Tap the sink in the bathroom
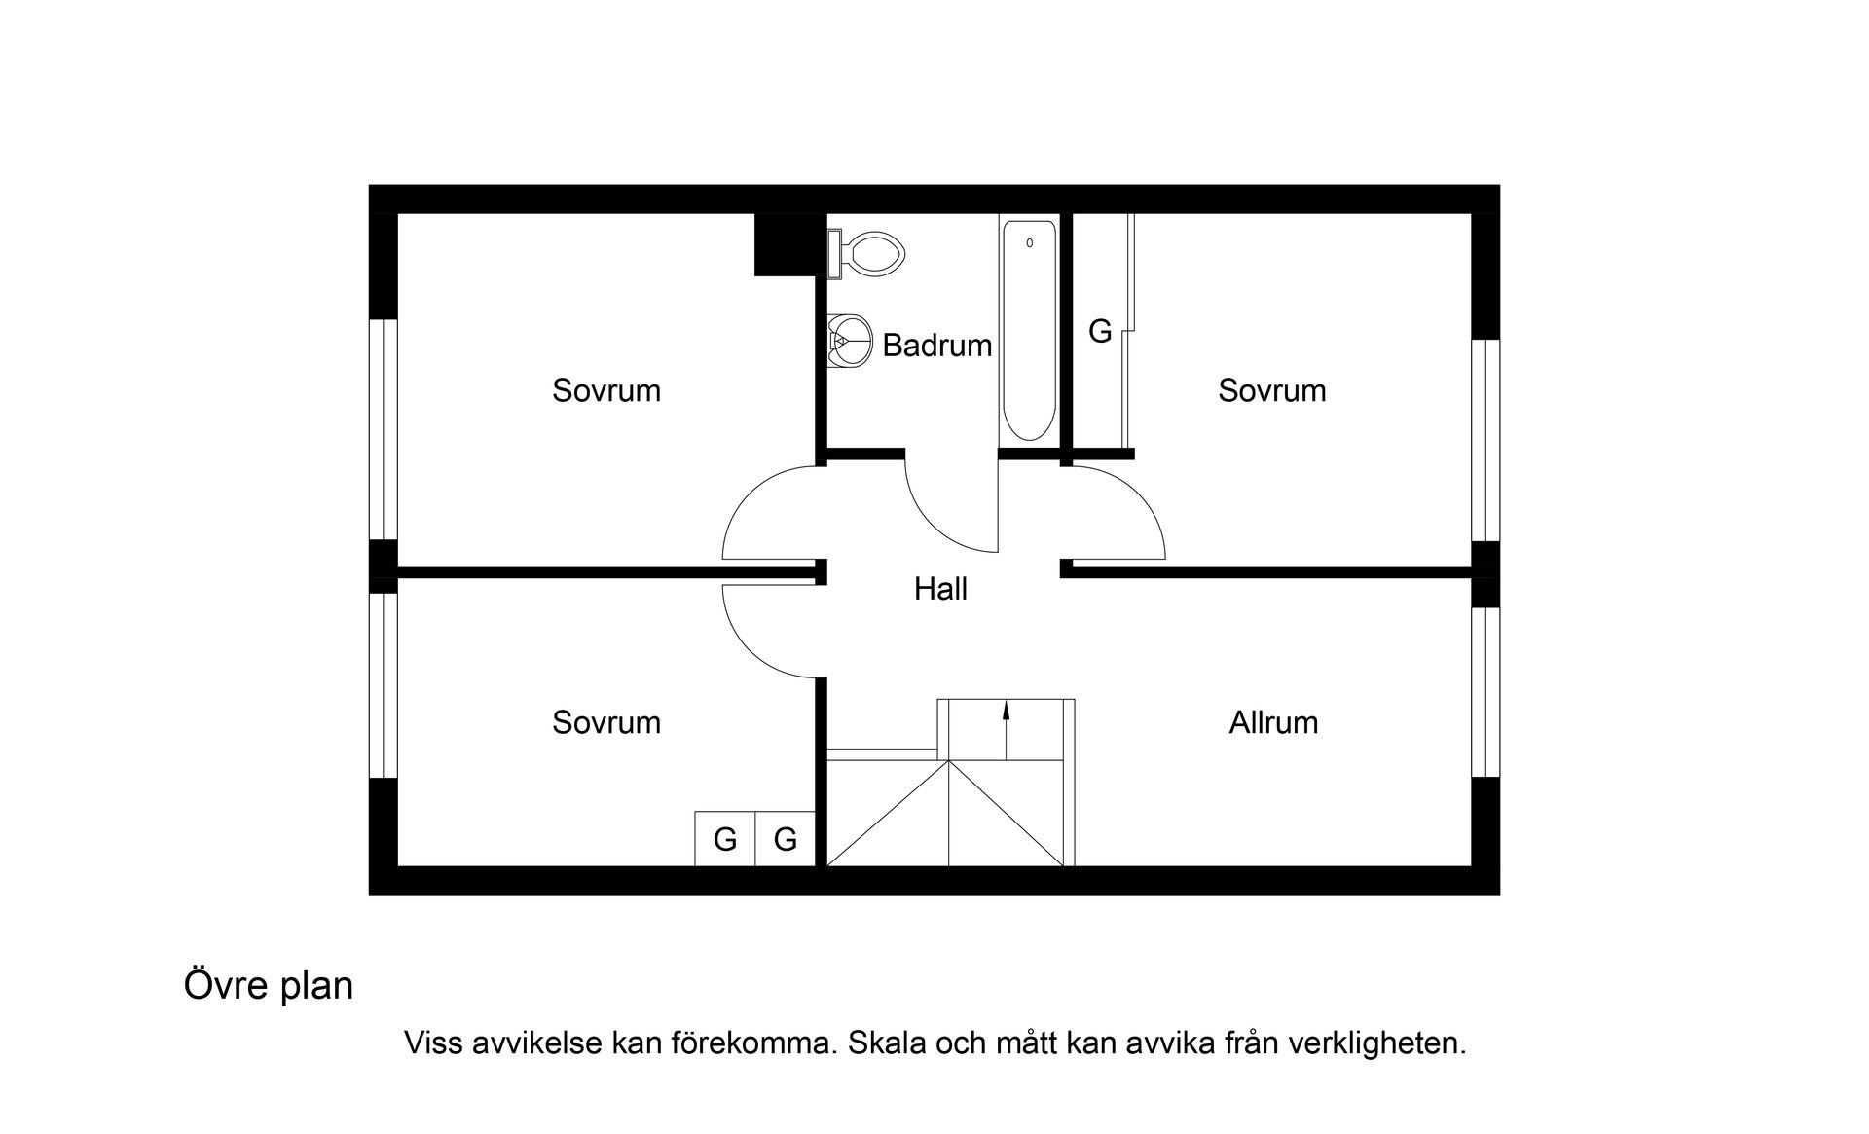point(849,340)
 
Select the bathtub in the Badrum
point(1029,331)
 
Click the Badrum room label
point(936,346)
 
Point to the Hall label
point(940,589)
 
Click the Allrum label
point(1272,722)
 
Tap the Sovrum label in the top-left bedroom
point(605,390)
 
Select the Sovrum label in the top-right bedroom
point(1271,390)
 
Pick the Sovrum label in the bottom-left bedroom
point(605,722)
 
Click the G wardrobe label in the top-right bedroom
point(1099,332)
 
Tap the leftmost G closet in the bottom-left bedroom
point(724,839)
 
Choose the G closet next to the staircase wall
point(786,839)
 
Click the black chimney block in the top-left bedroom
point(785,244)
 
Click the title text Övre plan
point(269,986)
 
